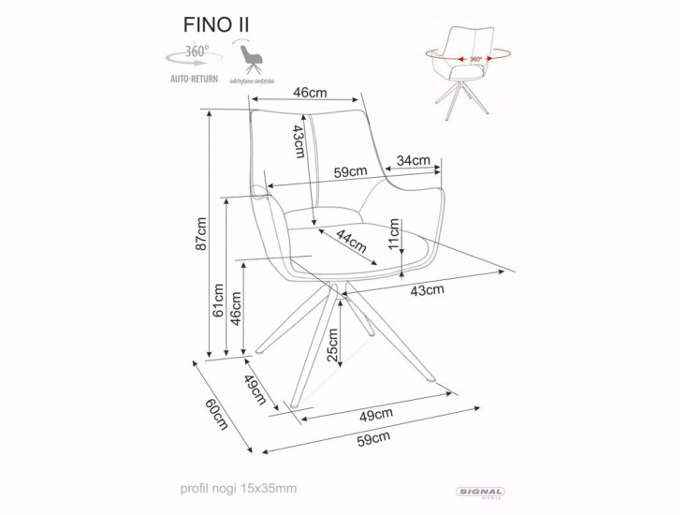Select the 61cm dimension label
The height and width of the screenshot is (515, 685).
click(218, 302)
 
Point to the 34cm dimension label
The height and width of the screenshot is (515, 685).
click(413, 159)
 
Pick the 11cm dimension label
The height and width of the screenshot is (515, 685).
click(395, 230)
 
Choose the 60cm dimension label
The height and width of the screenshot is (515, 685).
click(216, 412)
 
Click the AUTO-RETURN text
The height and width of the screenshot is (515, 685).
click(194, 81)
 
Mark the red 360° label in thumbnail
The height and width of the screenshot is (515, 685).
click(475, 59)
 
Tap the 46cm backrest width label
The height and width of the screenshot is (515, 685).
click(309, 93)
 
